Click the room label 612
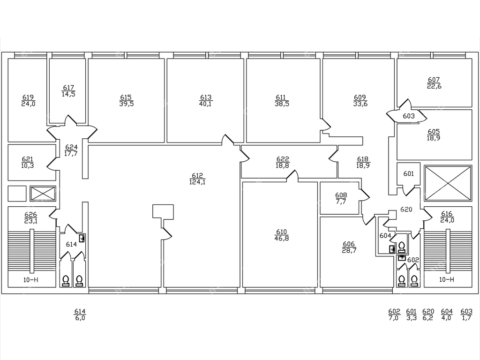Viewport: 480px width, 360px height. pyautogui.click(x=197, y=176)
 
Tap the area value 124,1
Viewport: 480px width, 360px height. pyautogui.click(x=197, y=182)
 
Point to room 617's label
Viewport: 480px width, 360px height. pyautogui.click(x=68, y=88)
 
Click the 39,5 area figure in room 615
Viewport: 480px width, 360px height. pyautogui.click(x=127, y=104)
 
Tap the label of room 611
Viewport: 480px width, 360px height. pyautogui.click(x=282, y=97)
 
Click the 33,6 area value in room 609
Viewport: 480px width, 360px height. pyautogui.click(x=360, y=104)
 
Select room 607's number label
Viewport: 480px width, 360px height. pyautogui.click(x=434, y=80)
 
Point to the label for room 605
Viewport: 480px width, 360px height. pyautogui.click(x=434, y=132)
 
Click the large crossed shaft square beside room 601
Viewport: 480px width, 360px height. pyautogui.click(x=448, y=183)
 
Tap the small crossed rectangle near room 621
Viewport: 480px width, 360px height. pyautogui.click(x=43, y=194)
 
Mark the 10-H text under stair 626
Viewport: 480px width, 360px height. pyautogui.click(x=30, y=280)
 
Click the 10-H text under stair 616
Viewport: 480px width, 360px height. pyautogui.click(x=446, y=280)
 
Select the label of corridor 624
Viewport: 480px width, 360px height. pyautogui.click(x=71, y=147)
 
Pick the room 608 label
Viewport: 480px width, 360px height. pyautogui.click(x=341, y=195)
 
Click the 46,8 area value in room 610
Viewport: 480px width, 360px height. pyautogui.click(x=282, y=238)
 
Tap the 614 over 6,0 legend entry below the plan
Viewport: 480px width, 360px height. pyautogui.click(x=80, y=315)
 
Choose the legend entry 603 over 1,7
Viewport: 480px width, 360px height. pyautogui.click(x=466, y=315)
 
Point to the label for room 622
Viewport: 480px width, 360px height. pyautogui.click(x=283, y=159)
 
